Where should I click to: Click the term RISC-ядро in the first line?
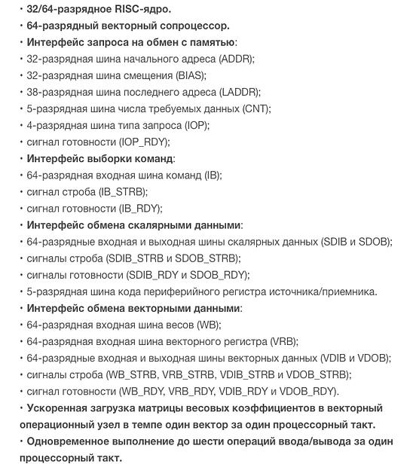144,9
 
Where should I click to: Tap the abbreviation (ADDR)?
236,59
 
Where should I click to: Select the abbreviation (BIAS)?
191,75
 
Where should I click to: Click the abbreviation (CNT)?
255,108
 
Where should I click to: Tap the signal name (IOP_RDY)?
144,142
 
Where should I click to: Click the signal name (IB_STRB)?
123,192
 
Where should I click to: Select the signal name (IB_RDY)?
137,209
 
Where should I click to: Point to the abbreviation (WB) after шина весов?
208,325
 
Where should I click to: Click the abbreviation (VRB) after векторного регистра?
283,341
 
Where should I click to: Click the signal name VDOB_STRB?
320,374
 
